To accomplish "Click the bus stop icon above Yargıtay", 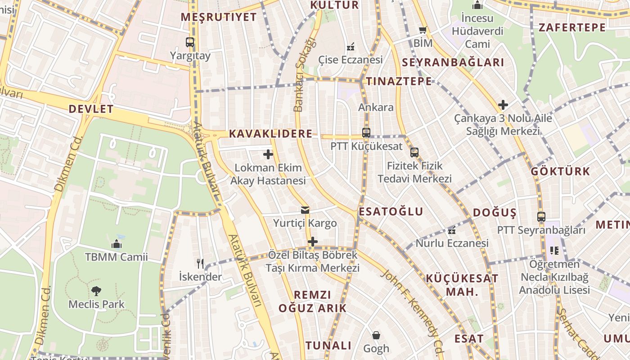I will tap(190, 42).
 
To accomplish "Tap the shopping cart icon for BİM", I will tap(423, 30).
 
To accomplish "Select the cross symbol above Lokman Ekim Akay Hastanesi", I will tap(268, 155).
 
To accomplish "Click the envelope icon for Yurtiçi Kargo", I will tap(305, 210).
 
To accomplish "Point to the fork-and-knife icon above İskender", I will tap(200, 263).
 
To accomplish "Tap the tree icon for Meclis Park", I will tap(96, 291).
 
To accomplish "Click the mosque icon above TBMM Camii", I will tap(117, 244).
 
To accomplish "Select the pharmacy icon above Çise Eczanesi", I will tap(351, 46).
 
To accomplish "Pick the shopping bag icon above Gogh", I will tap(376, 335).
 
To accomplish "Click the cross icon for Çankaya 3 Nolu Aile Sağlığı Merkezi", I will tap(503, 105).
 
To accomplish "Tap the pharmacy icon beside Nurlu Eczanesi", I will tap(452, 231).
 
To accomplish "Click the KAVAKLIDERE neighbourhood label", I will tap(270, 134).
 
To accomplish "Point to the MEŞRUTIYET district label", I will tap(219, 17).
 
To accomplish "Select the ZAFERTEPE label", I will tap(572, 27).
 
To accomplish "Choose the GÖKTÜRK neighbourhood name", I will tap(560, 171).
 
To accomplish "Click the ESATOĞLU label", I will tap(391, 211).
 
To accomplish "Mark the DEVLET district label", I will tap(91, 109).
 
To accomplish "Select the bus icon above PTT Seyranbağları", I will tap(541, 217).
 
